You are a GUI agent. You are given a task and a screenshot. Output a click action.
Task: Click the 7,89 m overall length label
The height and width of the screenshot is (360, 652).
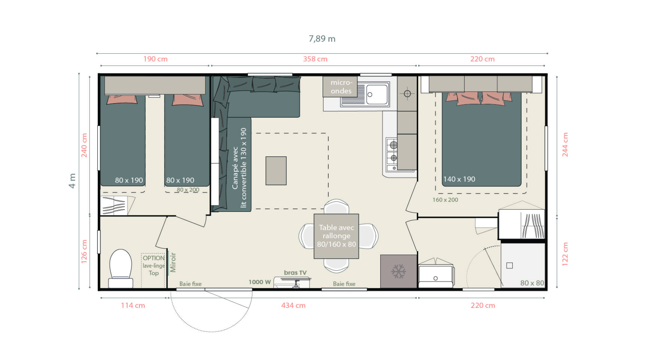click(x=322, y=39)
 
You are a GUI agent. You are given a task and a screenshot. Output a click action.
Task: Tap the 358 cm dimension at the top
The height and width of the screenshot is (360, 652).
click(x=315, y=59)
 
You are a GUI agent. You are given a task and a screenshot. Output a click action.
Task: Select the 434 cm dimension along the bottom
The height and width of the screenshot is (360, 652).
click(x=293, y=305)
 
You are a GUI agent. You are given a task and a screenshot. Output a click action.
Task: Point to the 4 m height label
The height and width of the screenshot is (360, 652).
click(x=72, y=181)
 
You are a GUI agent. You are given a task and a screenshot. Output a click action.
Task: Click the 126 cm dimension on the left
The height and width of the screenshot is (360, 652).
click(x=84, y=251)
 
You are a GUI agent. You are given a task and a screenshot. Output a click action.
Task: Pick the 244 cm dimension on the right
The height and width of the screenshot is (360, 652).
click(x=565, y=144)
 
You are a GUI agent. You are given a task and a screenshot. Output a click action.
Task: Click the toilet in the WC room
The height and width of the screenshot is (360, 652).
click(x=121, y=268)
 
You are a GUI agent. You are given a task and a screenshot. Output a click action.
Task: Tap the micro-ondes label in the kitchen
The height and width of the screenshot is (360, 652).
click(x=341, y=87)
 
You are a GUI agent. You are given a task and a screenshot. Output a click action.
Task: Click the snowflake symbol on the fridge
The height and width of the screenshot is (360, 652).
click(x=399, y=271)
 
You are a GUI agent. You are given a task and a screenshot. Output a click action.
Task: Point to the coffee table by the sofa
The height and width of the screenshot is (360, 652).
click(x=276, y=171)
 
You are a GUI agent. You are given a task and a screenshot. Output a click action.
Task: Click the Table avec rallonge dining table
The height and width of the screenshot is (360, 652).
click(x=336, y=236)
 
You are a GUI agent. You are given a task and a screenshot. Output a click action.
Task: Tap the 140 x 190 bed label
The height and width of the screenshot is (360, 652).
click(x=459, y=179)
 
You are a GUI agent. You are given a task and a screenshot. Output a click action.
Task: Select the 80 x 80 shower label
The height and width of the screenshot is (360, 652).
click(x=532, y=283)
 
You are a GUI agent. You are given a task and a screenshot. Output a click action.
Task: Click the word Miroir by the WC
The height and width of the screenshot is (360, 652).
click(x=173, y=262)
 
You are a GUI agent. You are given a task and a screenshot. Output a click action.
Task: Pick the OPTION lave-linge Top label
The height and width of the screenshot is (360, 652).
click(x=154, y=265)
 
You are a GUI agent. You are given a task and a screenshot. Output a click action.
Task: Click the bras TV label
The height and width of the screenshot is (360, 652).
click(x=295, y=273)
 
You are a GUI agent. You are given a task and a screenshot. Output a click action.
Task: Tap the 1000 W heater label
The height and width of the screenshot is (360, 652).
click(x=260, y=282)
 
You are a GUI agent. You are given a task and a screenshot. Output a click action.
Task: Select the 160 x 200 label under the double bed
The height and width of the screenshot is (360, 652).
click(x=445, y=200)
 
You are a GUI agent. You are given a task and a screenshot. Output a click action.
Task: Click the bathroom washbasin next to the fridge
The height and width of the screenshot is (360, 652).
click(x=436, y=275)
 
